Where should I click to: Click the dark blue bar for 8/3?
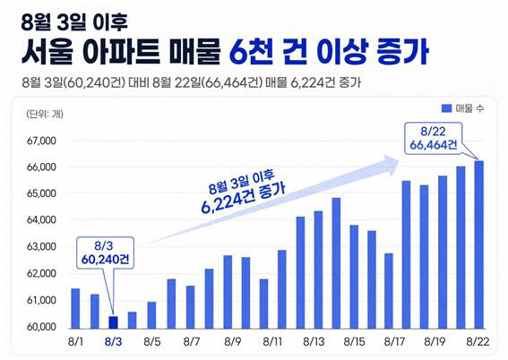113,322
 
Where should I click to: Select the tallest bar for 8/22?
478,244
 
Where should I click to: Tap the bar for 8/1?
75,309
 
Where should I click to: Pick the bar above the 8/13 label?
318,270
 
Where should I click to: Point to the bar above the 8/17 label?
389,291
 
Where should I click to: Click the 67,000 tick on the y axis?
41,141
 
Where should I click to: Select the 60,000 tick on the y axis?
41,327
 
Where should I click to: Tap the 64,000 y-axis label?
41,219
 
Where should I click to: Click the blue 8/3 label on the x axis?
114,341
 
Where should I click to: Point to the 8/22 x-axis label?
478,341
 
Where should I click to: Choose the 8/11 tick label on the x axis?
272,341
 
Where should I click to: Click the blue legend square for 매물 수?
446,108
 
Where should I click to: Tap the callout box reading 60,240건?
105,253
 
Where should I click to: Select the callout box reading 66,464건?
434,138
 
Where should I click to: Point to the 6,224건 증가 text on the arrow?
243,200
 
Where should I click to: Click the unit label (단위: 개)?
45,114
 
